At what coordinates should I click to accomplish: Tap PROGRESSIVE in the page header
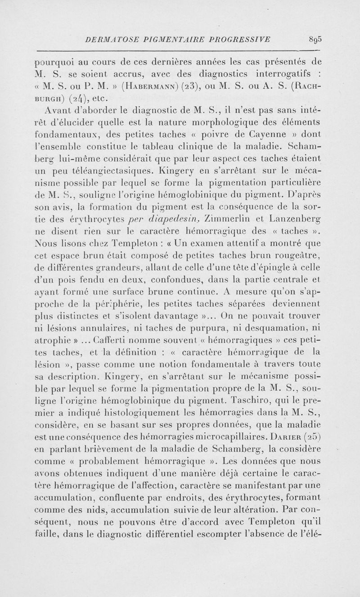coord(241,40)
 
